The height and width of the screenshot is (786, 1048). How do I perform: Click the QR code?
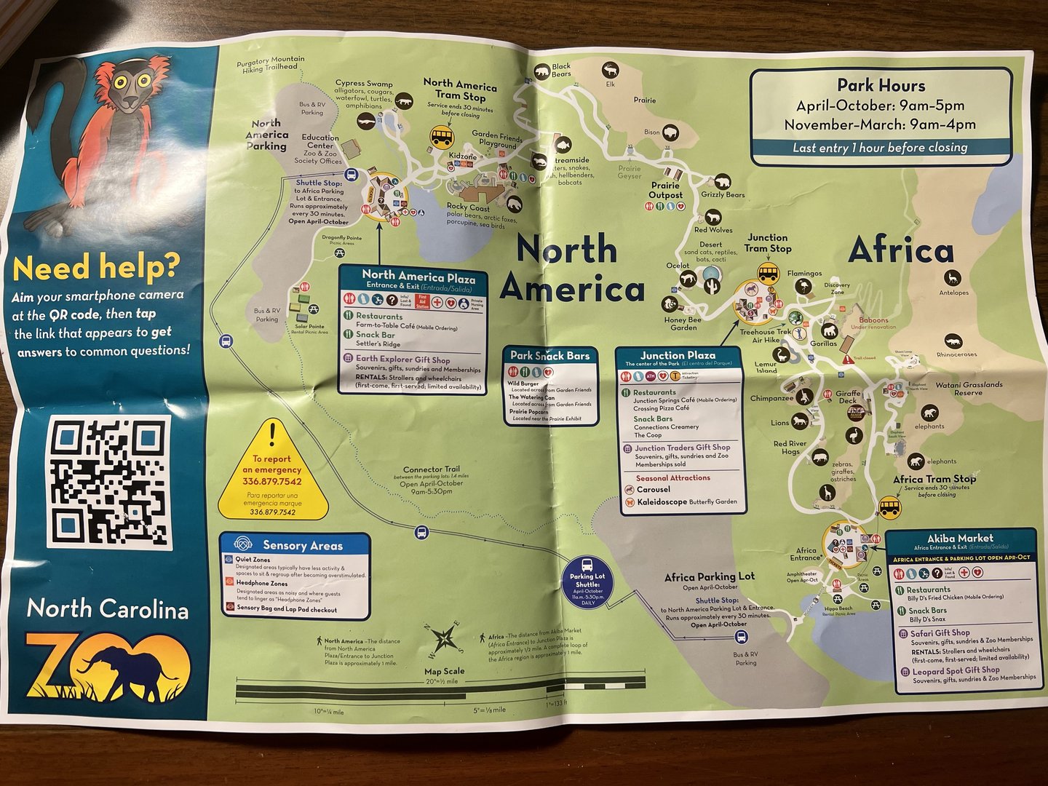[x=110, y=483]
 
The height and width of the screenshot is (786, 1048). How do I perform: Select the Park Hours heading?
[x=881, y=86]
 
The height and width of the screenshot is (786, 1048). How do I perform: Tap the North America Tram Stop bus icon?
[x=442, y=136]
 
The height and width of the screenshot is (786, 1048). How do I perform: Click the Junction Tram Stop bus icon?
[x=769, y=273]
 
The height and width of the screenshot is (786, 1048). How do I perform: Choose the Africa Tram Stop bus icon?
[x=889, y=506]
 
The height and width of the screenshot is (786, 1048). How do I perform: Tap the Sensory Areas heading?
[x=302, y=545]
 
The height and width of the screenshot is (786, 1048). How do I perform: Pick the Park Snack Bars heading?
[x=549, y=356]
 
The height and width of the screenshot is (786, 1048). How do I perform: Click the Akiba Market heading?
[x=960, y=539]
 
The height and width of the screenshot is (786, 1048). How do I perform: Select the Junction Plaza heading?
[x=678, y=355]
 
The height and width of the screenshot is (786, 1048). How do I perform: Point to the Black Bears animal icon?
[x=541, y=71]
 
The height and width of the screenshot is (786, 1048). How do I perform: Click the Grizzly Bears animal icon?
[x=723, y=181]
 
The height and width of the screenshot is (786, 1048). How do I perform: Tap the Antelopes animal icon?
[x=953, y=278]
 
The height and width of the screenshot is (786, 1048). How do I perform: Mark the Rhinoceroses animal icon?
[x=953, y=341]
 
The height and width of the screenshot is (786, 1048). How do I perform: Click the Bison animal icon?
[x=670, y=132]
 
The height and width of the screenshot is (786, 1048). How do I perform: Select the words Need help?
[x=95, y=268]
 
